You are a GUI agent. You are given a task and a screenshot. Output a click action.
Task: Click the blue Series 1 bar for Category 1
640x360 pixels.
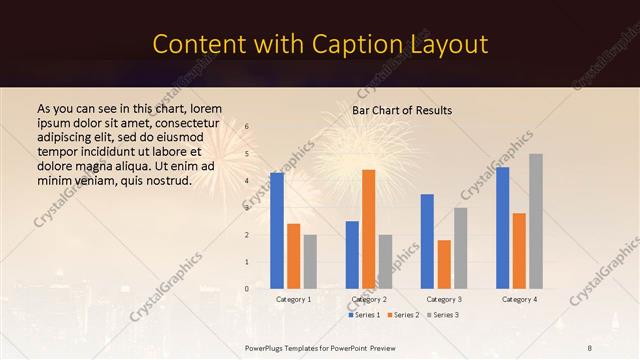tap(277, 231)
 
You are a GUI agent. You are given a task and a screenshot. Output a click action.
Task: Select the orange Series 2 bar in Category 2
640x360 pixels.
tap(369, 229)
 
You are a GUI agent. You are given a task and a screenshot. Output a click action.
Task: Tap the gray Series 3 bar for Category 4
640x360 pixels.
tap(536, 221)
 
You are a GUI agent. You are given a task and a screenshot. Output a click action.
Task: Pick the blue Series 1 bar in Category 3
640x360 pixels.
tap(427, 241)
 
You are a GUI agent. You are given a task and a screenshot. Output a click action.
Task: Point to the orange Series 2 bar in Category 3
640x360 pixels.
tap(444, 264)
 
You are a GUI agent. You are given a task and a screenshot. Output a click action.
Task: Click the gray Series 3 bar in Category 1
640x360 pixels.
tap(310, 262)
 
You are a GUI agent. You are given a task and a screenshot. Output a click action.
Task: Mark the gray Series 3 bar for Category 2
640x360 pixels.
tap(386, 262)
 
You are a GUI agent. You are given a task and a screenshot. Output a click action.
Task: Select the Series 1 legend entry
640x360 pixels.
tap(364, 315)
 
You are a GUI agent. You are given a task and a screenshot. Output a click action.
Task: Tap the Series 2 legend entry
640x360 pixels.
tap(402, 315)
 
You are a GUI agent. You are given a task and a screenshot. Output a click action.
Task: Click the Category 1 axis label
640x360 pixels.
tap(293, 299)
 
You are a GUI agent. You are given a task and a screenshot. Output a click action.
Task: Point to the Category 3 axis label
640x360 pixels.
tap(443, 299)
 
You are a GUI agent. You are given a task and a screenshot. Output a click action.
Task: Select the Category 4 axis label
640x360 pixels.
tap(519, 299)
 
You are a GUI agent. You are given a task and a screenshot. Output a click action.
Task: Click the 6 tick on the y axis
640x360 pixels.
tap(247, 127)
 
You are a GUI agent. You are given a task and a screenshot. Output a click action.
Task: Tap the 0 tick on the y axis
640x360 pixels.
tap(247, 289)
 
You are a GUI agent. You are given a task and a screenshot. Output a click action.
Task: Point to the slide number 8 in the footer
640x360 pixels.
tap(589, 346)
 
